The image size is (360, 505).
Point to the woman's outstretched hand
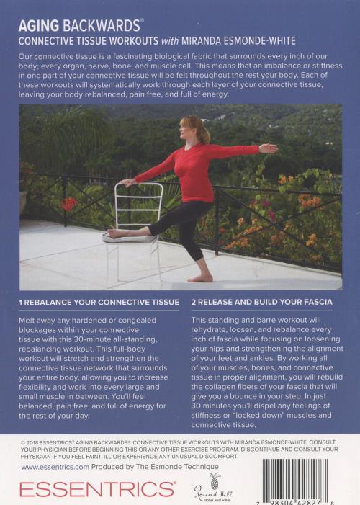point(268,148)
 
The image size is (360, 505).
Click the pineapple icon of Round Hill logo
point(214,480)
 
